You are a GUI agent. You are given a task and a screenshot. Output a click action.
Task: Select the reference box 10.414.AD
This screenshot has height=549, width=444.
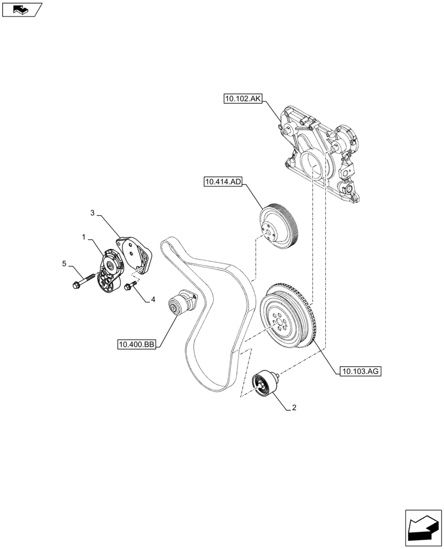tap(223, 182)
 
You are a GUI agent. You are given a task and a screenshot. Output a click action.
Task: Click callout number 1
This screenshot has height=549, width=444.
tap(84, 237)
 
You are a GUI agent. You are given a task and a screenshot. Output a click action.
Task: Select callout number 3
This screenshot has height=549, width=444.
tap(93, 212)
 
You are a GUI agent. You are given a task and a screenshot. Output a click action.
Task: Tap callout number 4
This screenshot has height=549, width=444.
tap(153, 300)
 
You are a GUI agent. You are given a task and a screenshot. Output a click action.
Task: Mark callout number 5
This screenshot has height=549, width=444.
tap(64, 264)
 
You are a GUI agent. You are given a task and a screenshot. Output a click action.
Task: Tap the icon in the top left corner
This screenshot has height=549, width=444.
tap(21, 9)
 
